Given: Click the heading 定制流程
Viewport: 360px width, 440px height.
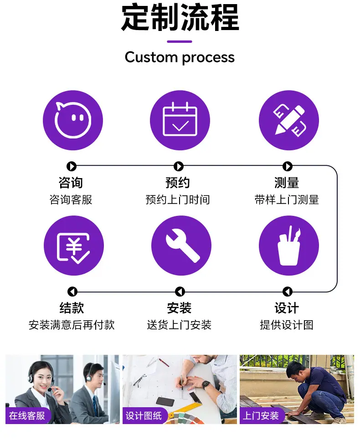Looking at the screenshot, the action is [x=180, y=17].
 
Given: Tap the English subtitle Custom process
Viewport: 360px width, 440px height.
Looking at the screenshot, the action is [x=180, y=57].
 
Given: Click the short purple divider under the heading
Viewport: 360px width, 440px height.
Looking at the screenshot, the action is [x=180, y=41].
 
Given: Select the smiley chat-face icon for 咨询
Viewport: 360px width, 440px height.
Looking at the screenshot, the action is [x=73, y=120].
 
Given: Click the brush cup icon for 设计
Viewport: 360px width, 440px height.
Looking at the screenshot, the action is [x=288, y=246].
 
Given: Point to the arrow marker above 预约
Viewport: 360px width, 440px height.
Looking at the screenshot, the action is [x=179, y=166].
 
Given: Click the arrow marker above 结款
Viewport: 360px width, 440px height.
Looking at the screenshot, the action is [x=72, y=292].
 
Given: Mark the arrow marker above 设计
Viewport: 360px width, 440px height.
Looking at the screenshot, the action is [x=287, y=292].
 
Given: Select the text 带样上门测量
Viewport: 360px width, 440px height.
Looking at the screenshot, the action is [x=287, y=200].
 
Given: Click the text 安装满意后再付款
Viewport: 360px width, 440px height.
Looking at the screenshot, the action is [x=72, y=325].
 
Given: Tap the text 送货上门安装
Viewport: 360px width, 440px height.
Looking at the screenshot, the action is [x=179, y=325].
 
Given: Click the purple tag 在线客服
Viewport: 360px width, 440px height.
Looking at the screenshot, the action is [x=27, y=415].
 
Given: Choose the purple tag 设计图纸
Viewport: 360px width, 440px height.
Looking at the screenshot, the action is [x=144, y=415].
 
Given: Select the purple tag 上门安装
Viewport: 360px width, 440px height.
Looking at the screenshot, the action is [x=261, y=415].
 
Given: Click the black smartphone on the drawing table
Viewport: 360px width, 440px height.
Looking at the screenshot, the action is [x=165, y=401].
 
